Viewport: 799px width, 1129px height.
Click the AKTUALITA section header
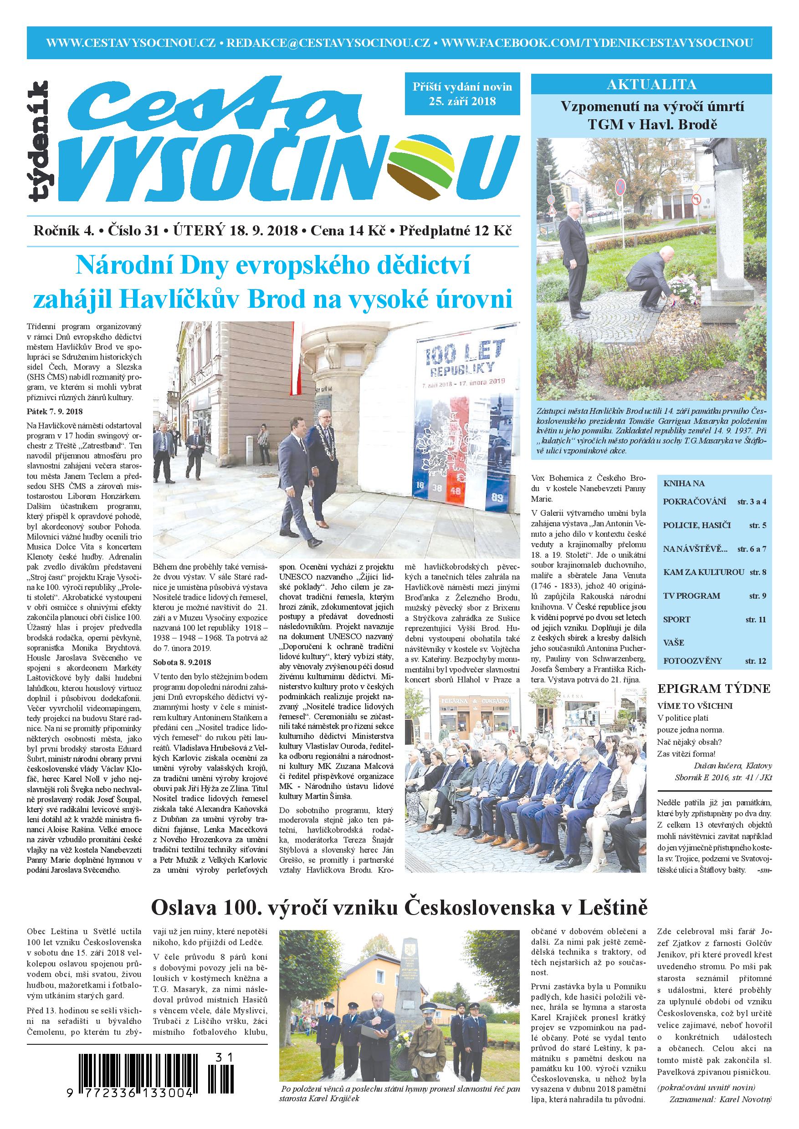click(x=651, y=85)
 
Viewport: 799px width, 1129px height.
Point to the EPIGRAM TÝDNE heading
click(x=714, y=688)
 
